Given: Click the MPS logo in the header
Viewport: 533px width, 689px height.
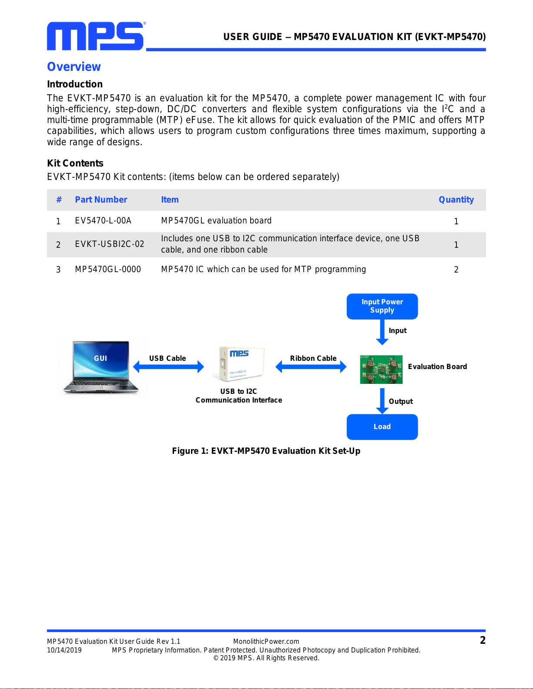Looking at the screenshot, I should click(x=96, y=36).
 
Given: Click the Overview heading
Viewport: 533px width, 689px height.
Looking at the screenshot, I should click(x=74, y=67).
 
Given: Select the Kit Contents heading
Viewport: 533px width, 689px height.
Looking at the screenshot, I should click(x=75, y=163).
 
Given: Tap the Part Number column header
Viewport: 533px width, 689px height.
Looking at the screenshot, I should click(x=101, y=200).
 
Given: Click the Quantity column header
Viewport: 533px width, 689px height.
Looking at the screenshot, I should click(x=456, y=200).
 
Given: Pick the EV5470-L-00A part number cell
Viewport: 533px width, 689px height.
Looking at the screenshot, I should click(x=103, y=221).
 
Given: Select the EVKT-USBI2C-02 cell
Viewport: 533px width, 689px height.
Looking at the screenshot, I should click(x=110, y=244).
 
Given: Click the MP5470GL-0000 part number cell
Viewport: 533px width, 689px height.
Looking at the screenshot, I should click(x=108, y=270).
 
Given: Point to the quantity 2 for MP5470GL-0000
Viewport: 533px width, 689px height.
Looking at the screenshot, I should click(x=456, y=270).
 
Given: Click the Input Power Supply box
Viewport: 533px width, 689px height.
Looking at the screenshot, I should click(x=382, y=306).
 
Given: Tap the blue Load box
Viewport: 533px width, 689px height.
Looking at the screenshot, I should click(x=382, y=426).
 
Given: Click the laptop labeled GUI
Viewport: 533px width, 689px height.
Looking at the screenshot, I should click(x=101, y=367).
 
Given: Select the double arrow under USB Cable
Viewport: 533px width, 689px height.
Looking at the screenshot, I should click(x=168, y=367).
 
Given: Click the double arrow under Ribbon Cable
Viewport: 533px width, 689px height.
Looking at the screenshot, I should click(x=311, y=367).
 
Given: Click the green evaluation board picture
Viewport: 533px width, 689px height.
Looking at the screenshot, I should click(x=381, y=369).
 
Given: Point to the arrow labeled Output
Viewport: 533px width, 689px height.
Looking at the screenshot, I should click(x=382, y=401).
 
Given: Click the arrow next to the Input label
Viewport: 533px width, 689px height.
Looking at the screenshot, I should click(x=382, y=332).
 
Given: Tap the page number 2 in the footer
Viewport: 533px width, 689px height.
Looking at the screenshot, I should click(x=483, y=640).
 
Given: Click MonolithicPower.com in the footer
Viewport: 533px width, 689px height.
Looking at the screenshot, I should click(x=266, y=641).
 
